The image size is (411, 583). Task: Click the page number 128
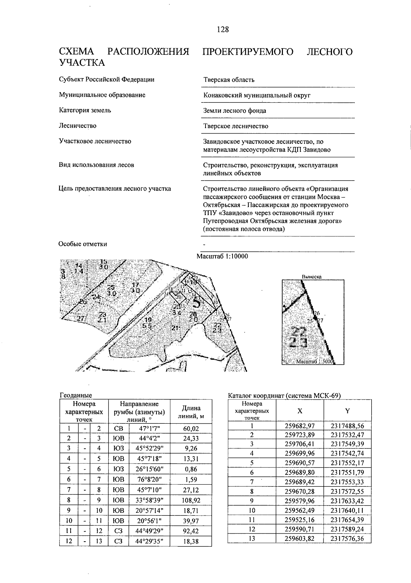pos(222,29)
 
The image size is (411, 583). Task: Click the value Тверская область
pos(229,80)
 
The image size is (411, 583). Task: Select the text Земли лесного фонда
pos(234,111)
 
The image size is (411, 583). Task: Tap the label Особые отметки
pos(83,244)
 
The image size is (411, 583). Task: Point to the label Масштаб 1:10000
pos(222,257)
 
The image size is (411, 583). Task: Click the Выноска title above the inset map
pos(311,276)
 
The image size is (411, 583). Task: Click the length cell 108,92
pos(191,500)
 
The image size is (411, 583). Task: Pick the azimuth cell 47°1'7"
pos(149,429)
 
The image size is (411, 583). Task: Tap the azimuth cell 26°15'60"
pos(149,469)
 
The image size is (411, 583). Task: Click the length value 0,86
pos(191,469)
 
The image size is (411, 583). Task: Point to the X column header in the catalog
pos(300,411)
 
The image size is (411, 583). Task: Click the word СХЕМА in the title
pos(76,52)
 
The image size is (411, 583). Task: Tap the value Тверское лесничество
pos(236,126)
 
